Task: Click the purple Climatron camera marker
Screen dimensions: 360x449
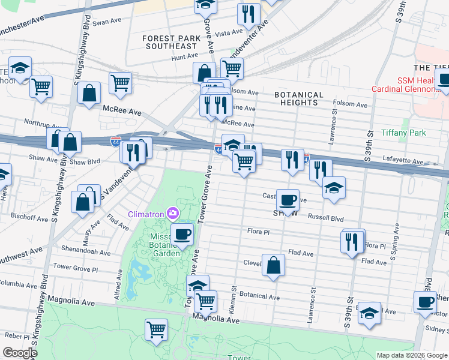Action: (x=173, y=213)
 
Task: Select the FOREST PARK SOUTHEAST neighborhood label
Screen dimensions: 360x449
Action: (x=170, y=42)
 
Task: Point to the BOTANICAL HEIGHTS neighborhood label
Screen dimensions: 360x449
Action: (x=299, y=98)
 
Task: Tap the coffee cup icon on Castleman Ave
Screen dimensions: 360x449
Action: (x=288, y=199)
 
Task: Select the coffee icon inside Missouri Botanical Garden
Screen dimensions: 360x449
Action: (x=182, y=233)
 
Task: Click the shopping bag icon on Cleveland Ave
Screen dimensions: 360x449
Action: (x=273, y=265)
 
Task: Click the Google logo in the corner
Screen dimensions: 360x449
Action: (x=19, y=353)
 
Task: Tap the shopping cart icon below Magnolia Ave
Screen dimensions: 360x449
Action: (x=156, y=329)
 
